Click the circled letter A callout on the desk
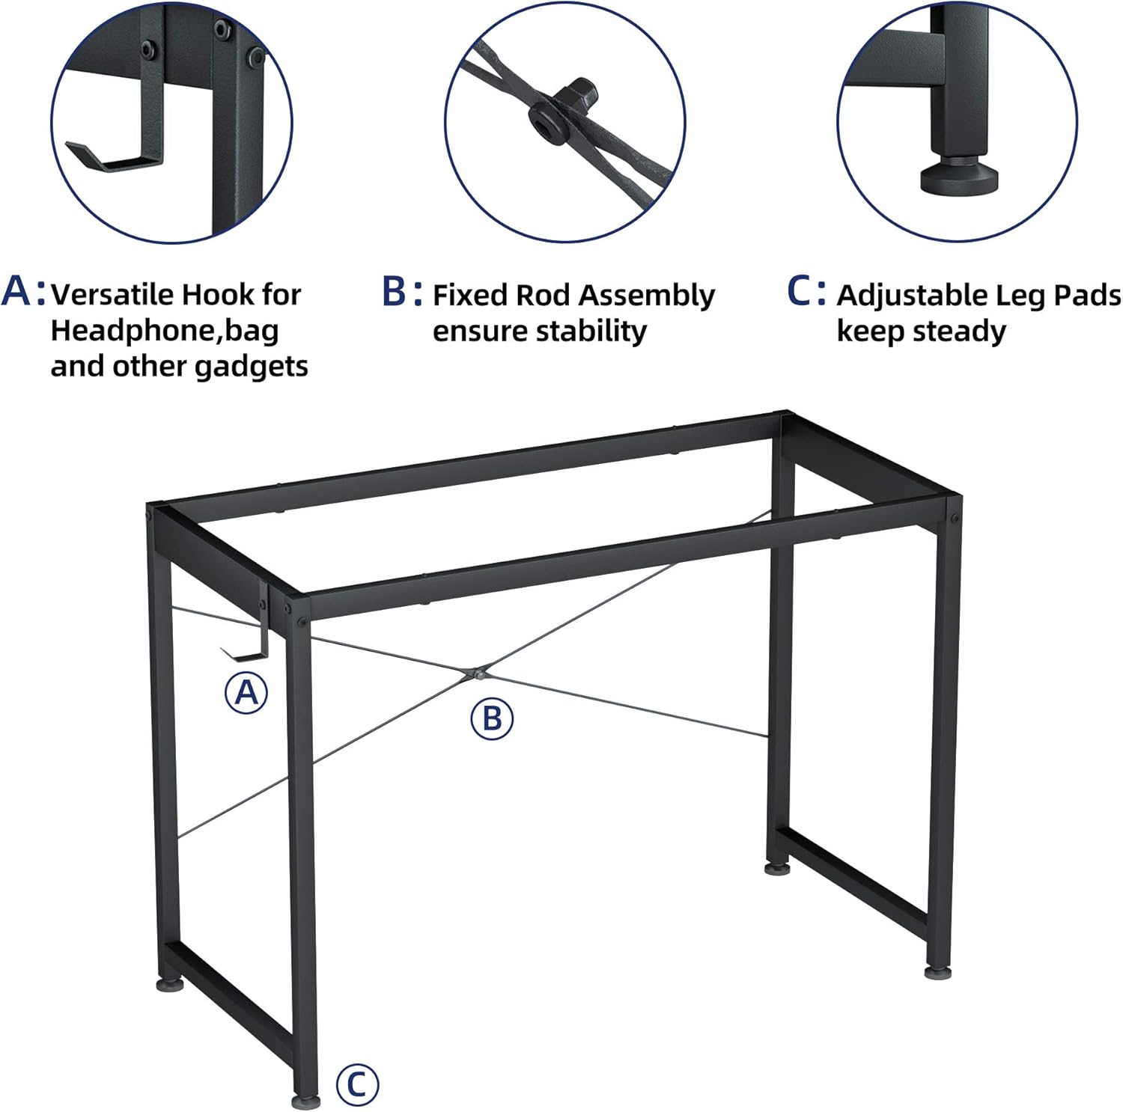[246, 692]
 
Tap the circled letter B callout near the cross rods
[492, 718]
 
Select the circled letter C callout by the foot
[357, 1084]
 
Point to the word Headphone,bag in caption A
[164, 330]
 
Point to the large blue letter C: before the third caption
[806, 292]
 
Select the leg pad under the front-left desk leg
[305, 1102]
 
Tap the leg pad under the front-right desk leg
[936, 971]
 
